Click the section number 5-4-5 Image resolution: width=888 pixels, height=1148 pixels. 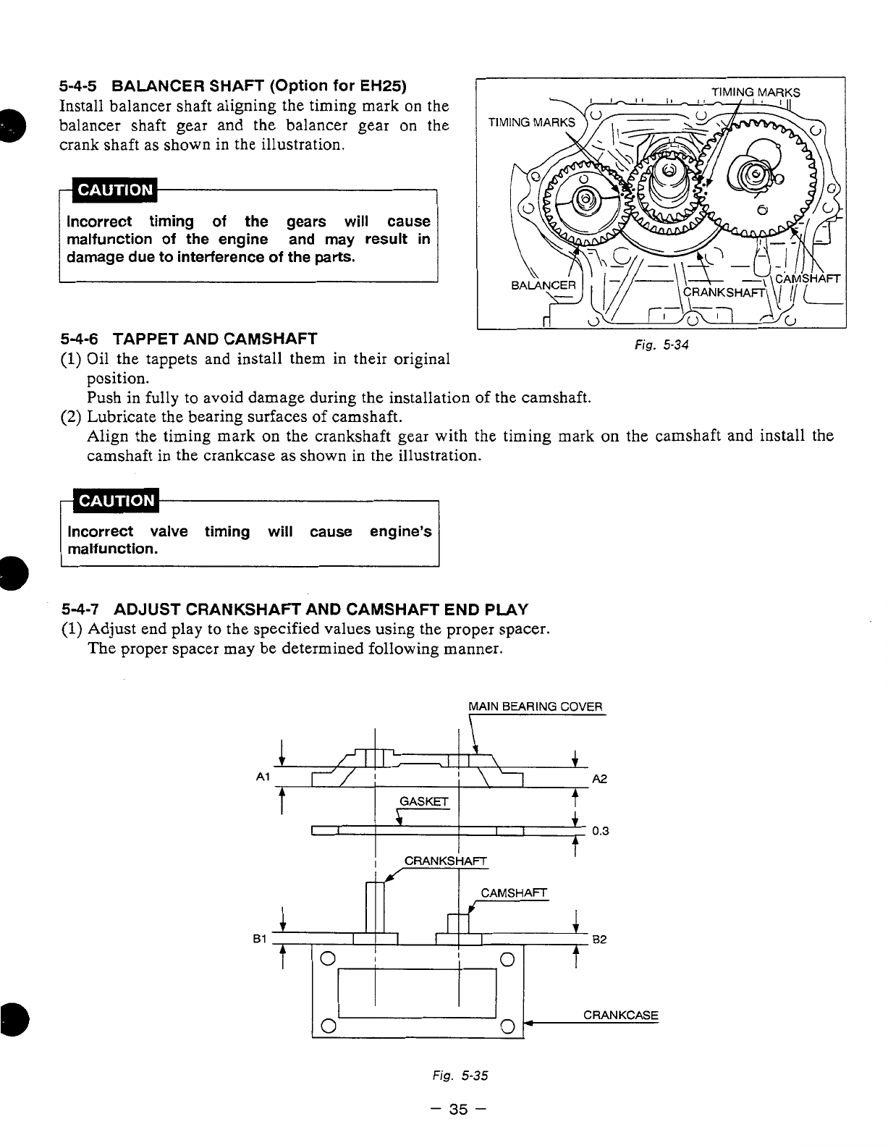click(x=82, y=86)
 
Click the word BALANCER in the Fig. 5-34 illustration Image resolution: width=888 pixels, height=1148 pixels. click(x=543, y=284)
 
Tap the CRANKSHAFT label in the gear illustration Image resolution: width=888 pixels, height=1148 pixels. click(x=724, y=292)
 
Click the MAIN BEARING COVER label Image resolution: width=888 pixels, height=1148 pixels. click(x=535, y=706)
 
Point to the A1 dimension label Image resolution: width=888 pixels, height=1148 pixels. click(x=263, y=777)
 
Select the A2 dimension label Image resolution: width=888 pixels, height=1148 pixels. click(x=599, y=779)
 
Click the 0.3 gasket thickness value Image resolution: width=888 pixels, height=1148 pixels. click(x=601, y=831)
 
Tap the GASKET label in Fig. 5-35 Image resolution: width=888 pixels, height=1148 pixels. click(x=424, y=801)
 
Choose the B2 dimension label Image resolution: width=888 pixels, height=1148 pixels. click(x=599, y=940)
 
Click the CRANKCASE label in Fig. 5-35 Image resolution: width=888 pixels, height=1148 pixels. click(x=620, y=1015)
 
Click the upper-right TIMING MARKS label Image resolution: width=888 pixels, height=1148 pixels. click(x=756, y=93)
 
